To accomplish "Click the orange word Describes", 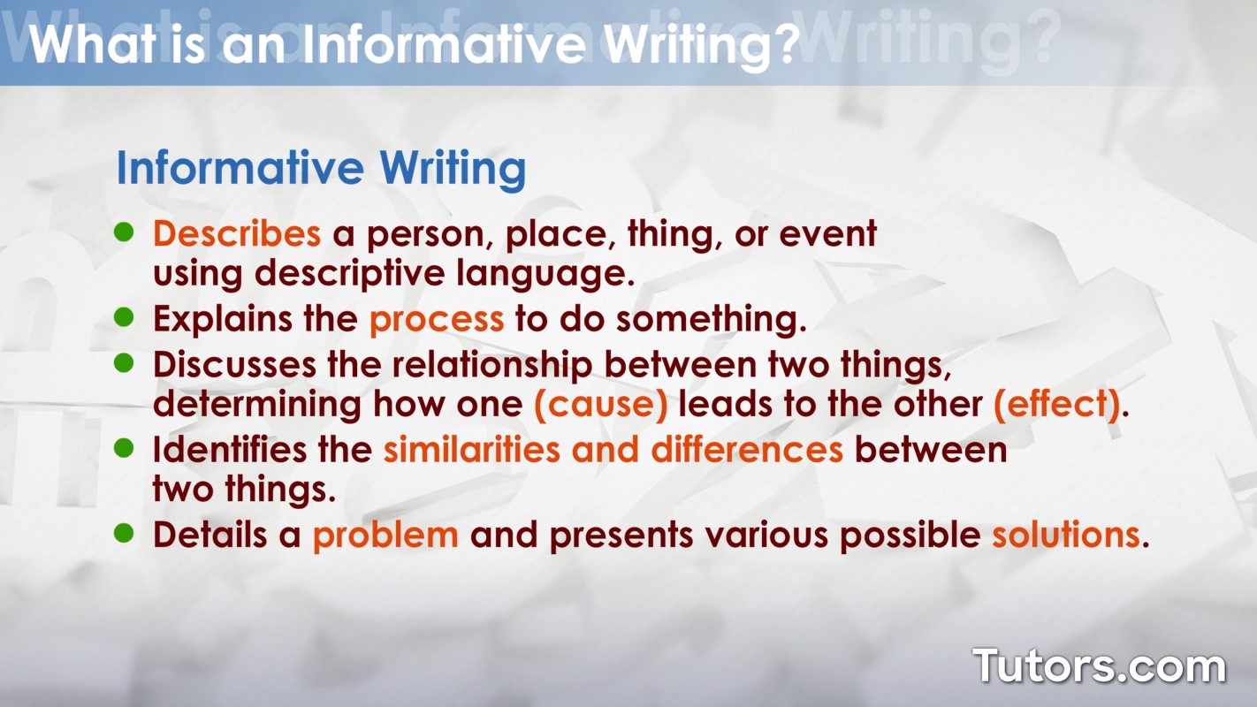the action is pos(237,233).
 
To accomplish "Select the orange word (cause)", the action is pos(601,404).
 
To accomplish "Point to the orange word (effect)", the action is pos(1056,404).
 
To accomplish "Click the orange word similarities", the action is pos(472,450).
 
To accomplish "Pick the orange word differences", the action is pos(747,450).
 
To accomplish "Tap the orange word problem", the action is pos(385,536).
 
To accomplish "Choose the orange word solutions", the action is pos(1066,534).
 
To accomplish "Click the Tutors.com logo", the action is pos(1099,666).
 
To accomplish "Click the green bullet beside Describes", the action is pos(124,232).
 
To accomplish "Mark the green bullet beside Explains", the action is pos(124,317).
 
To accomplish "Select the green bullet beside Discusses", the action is pos(124,362).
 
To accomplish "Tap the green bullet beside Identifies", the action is pos(124,448).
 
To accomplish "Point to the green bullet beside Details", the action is pos(124,533).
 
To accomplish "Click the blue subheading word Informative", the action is pos(240,168).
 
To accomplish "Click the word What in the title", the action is pos(92,43).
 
